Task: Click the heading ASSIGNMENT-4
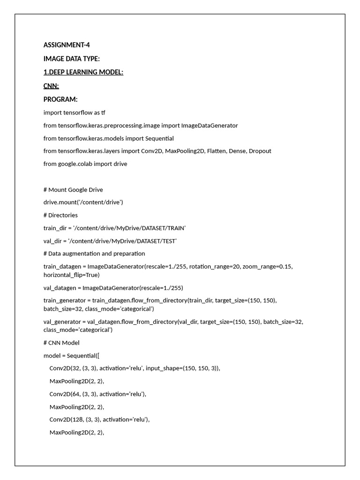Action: pos(67,45)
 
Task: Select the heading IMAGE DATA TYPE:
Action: pos(72,59)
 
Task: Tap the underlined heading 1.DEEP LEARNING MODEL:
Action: pos(83,72)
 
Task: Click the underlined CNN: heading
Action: pos(51,86)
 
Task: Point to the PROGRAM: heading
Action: pos(60,99)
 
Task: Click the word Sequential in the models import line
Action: pos(159,138)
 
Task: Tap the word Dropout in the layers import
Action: pos(260,151)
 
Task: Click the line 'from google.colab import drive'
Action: pos(85,164)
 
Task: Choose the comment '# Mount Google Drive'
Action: pos(73,189)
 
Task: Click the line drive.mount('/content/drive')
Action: pos(83,202)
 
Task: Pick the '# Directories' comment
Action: pos(60,215)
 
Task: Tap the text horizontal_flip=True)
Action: pos(72,275)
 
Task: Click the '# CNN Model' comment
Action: pos(61,343)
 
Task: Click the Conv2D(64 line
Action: pos(98,394)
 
